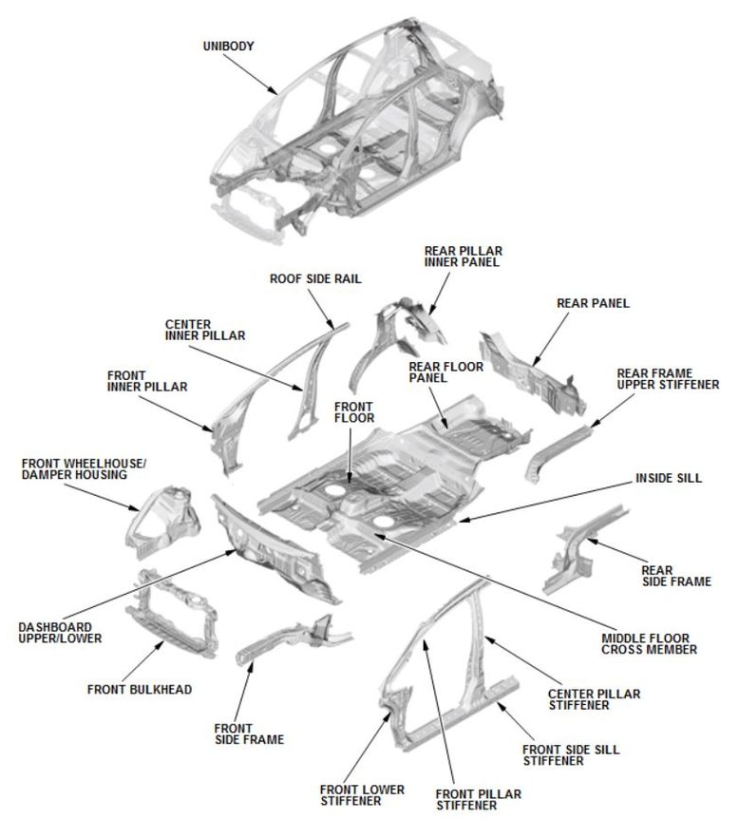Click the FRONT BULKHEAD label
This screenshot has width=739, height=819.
(139, 689)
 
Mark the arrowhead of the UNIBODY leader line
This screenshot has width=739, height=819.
(277, 94)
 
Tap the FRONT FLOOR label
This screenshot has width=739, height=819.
(354, 411)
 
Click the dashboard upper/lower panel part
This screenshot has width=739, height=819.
(275, 551)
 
